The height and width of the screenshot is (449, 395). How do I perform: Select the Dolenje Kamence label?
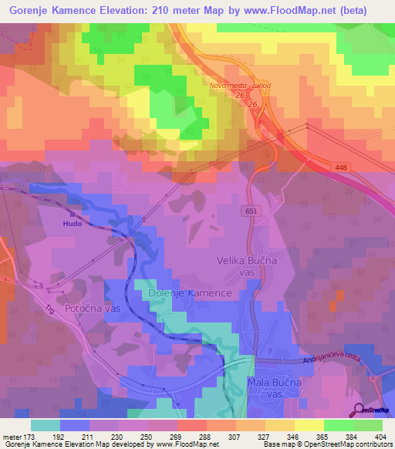point(185,294)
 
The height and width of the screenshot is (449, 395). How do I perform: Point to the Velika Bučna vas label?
point(241,267)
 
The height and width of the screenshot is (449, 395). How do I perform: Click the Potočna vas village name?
point(92,309)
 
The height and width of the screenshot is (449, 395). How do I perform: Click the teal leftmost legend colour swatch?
point(46,425)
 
